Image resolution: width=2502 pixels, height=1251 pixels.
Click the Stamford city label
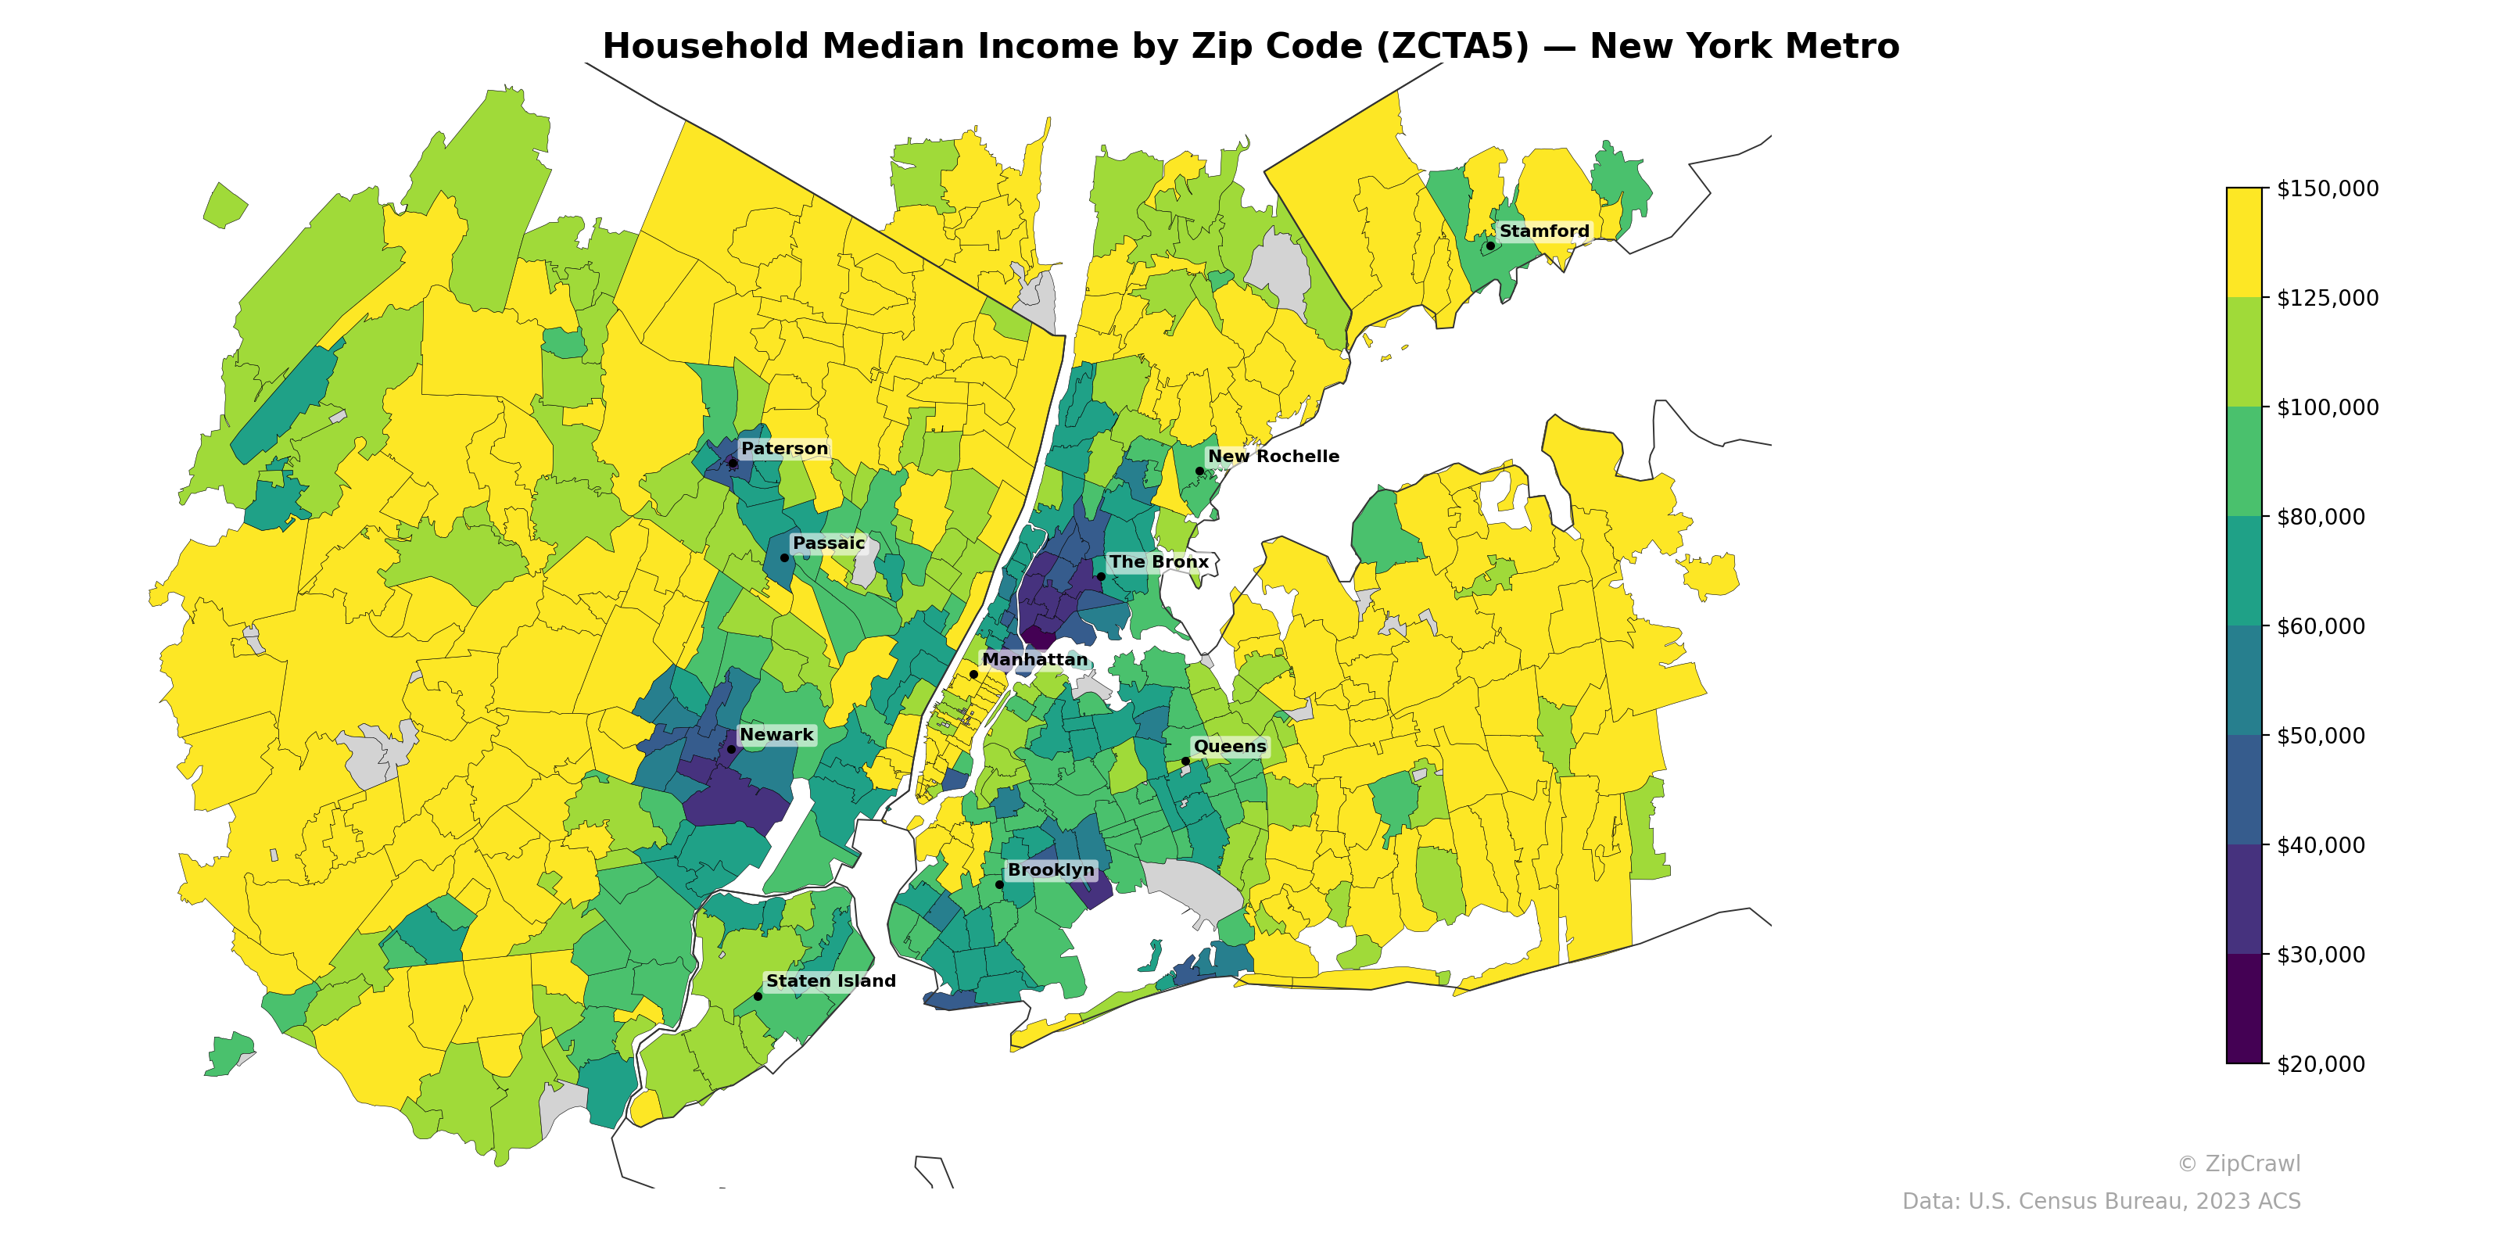click(x=1543, y=231)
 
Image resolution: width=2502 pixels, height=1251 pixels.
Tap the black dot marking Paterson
click(x=733, y=464)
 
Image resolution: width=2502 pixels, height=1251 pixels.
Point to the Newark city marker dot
click(x=731, y=749)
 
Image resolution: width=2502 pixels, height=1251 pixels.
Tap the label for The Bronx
click(x=1158, y=561)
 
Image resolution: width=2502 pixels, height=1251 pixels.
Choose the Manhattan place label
click(x=1034, y=659)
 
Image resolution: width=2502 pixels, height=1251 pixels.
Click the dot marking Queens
click(x=1185, y=761)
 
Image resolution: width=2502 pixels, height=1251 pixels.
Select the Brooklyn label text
click(x=1050, y=869)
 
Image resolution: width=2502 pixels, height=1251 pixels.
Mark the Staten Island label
click(x=830, y=981)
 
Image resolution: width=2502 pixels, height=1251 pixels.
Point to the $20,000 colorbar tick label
click(x=2321, y=1064)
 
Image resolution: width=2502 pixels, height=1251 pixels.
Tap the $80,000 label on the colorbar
click(x=2321, y=517)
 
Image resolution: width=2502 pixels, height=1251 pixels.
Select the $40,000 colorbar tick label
click(x=2321, y=845)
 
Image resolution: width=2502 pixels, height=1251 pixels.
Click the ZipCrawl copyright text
click(x=2238, y=1163)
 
